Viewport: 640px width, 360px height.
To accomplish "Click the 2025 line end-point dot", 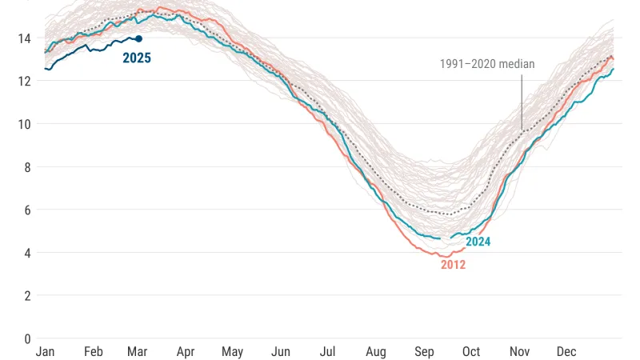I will click(139, 38).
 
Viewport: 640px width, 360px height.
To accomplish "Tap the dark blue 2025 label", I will click(137, 58).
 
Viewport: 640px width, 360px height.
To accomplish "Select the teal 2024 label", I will click(478, 242).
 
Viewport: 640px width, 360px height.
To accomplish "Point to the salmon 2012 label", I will click(453, 265).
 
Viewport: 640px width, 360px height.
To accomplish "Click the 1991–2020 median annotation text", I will click(487, 64).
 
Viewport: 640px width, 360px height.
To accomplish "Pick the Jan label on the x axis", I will click(46, 352).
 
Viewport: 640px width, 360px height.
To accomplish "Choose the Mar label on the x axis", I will click(137, 352).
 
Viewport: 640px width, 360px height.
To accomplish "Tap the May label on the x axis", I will click(233, 352).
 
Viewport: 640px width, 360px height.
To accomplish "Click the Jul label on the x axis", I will click(328, 352).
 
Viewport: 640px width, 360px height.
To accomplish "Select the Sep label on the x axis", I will click(424, 352).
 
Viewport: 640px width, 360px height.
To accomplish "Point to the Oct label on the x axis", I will click(471, 352).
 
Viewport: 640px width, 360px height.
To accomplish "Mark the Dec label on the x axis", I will click(566, 352).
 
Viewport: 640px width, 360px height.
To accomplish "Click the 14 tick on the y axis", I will click(25, 38).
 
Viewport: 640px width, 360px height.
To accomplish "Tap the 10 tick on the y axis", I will click(25, 124).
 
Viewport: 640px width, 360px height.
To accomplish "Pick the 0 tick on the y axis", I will click(27, 338).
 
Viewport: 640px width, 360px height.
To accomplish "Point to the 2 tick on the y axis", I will click(27, 295).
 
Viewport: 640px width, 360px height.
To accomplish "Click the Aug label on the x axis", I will click(376, 352).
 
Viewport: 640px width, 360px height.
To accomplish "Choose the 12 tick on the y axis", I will click(25, 81).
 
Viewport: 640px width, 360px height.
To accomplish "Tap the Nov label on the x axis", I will click(519, 352).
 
